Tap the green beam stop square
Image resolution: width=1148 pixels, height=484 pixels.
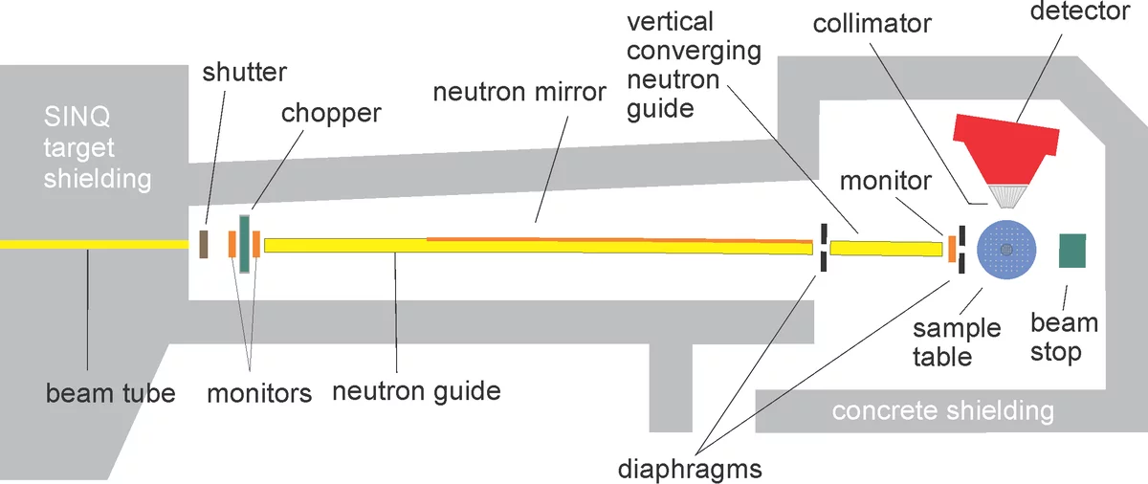point(1071,250)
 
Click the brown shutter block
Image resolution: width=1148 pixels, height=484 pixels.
point(204,244)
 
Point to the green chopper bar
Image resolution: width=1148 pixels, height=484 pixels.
point(243,245)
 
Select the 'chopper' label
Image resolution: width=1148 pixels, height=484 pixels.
point(330,113)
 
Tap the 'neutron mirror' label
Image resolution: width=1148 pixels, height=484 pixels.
point(519,93)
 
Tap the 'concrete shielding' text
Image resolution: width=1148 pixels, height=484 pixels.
point(942,411)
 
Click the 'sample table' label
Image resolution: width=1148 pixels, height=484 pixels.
point(956,343)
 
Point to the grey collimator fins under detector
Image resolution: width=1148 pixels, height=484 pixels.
point(1006,195)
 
